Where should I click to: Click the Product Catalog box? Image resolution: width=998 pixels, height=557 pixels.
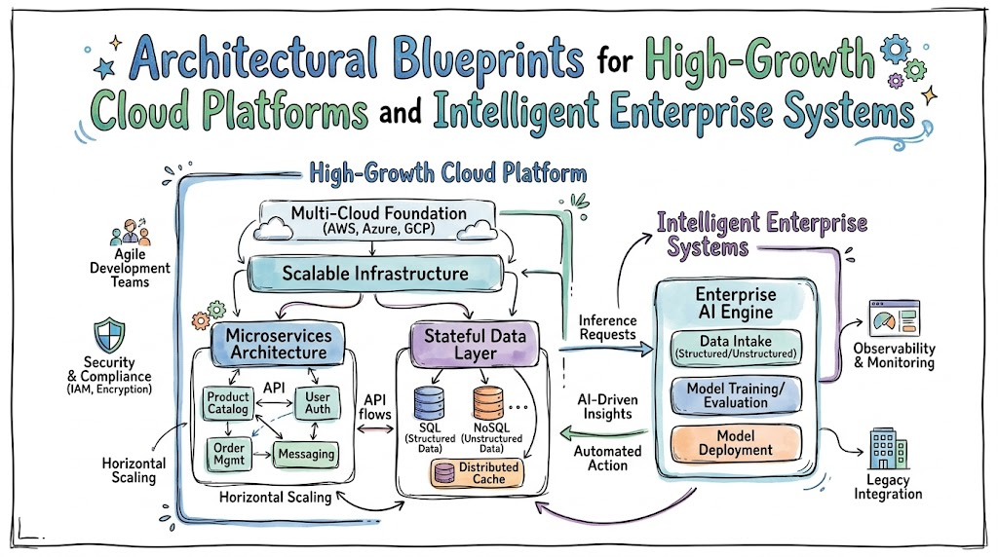coord(228,403)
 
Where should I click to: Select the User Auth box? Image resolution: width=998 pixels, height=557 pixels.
coord(317,403)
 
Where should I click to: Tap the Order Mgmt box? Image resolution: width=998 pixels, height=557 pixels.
coord(228,454)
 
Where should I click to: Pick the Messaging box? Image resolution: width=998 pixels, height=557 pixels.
coord(306,454)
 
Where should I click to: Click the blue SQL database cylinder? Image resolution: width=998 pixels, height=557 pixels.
coord(429,403)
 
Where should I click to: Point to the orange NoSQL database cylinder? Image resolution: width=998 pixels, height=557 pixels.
coord(488,403)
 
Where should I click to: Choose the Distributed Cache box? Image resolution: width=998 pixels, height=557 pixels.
coord(478,473)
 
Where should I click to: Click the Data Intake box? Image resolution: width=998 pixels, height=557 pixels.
coord(736,348)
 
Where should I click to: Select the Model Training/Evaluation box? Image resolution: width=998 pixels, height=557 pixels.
coord(736,395)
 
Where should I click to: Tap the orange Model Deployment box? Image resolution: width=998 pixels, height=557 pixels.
coord(736,443)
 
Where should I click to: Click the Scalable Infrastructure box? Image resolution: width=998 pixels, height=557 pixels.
coord(375,274)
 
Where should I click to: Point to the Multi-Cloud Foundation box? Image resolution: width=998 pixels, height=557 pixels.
coord(378,220)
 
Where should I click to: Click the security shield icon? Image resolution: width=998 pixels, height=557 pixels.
coord(109,335)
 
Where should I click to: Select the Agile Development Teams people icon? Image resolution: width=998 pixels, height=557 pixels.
coord(130,233)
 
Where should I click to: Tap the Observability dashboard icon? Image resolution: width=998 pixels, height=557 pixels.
coord(895,317)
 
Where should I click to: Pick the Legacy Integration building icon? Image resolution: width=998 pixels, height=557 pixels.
coord(888,449)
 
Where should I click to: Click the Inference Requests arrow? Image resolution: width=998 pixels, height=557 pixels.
coord(606,349)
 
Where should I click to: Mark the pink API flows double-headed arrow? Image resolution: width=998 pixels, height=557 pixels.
coord(375,429)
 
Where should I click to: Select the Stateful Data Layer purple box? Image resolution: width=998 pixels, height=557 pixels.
coord(475,345)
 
